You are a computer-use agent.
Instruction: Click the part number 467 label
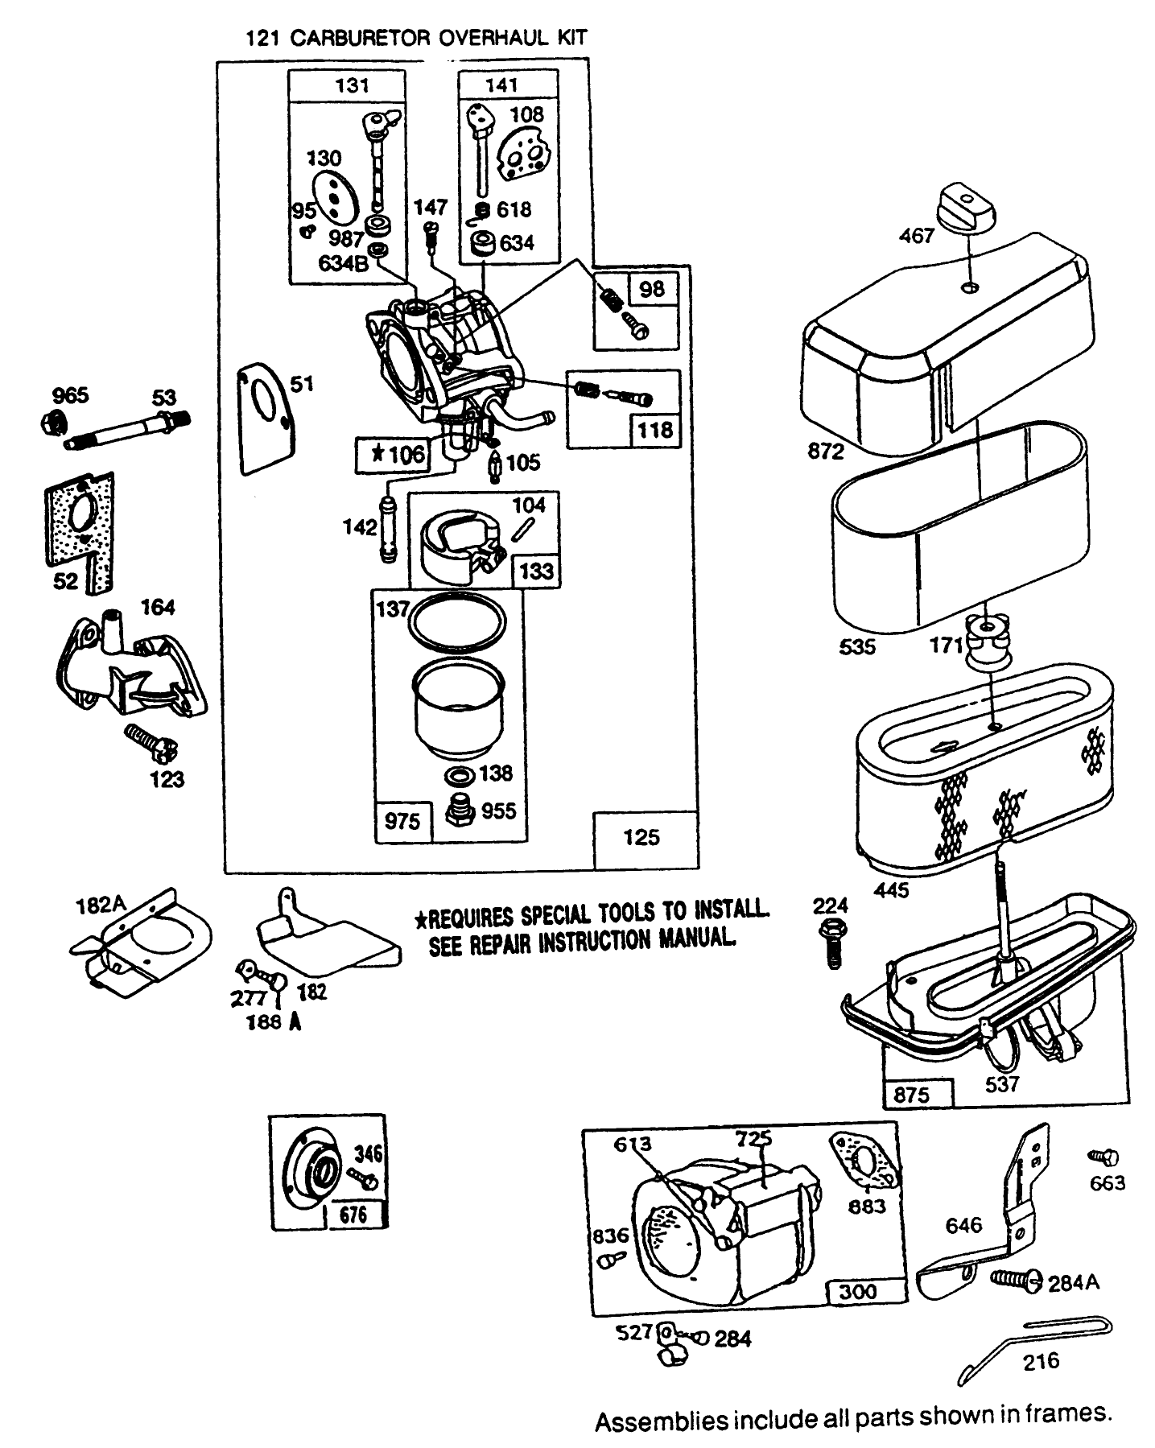point(917,236)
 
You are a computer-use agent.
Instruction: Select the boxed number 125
point(641,837)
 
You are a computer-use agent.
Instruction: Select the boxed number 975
point(402,820)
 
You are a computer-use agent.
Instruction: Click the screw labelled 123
point(148,741)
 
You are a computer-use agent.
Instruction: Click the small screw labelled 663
point(1103,1157)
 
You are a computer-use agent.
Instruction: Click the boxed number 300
point(859,1292)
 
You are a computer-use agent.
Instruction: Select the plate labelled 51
point(266,419)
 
